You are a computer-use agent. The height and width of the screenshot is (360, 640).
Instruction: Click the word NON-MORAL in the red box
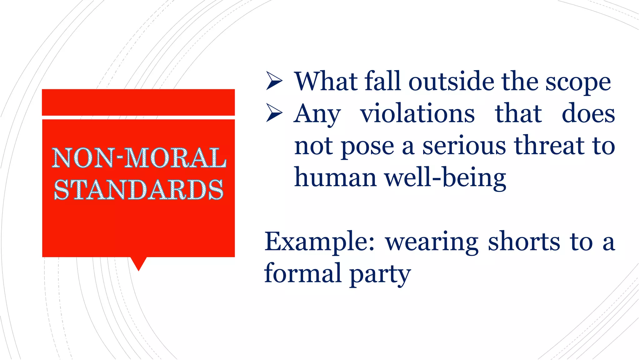[x=139, y=158]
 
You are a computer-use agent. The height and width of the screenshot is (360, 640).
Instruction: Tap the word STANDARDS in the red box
[x=139, y=190]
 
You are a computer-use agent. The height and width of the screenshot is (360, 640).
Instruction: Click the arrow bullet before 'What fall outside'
[x=274, y=81]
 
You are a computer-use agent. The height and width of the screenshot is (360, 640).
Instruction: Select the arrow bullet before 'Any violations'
[x=274, y=113]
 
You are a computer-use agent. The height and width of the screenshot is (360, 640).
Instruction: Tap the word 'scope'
[x=578, y=83]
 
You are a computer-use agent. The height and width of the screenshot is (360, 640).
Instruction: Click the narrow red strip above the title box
[x=138, y=102]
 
